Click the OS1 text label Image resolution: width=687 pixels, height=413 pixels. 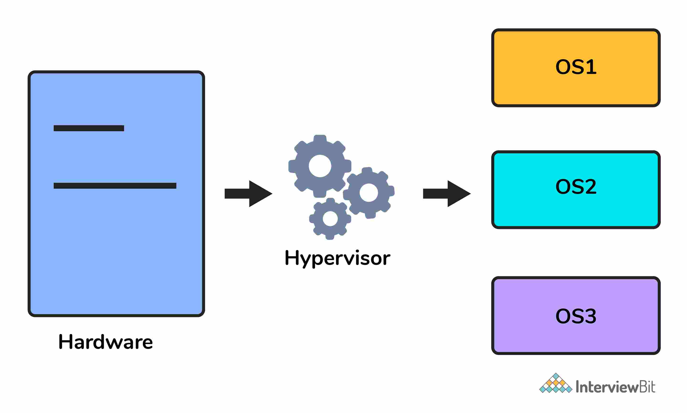pos(576,67)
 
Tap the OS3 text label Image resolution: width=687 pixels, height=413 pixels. pos(576,316)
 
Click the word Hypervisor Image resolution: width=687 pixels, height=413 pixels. pos(337,258)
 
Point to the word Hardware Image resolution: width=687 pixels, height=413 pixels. pos(106,342)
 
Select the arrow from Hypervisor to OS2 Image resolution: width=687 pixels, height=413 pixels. pos(446,193)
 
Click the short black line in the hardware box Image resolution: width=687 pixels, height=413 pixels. pos(89,128)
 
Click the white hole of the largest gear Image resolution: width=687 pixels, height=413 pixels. pos(320,166)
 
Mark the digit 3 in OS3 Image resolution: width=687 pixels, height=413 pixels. pos(591,316)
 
